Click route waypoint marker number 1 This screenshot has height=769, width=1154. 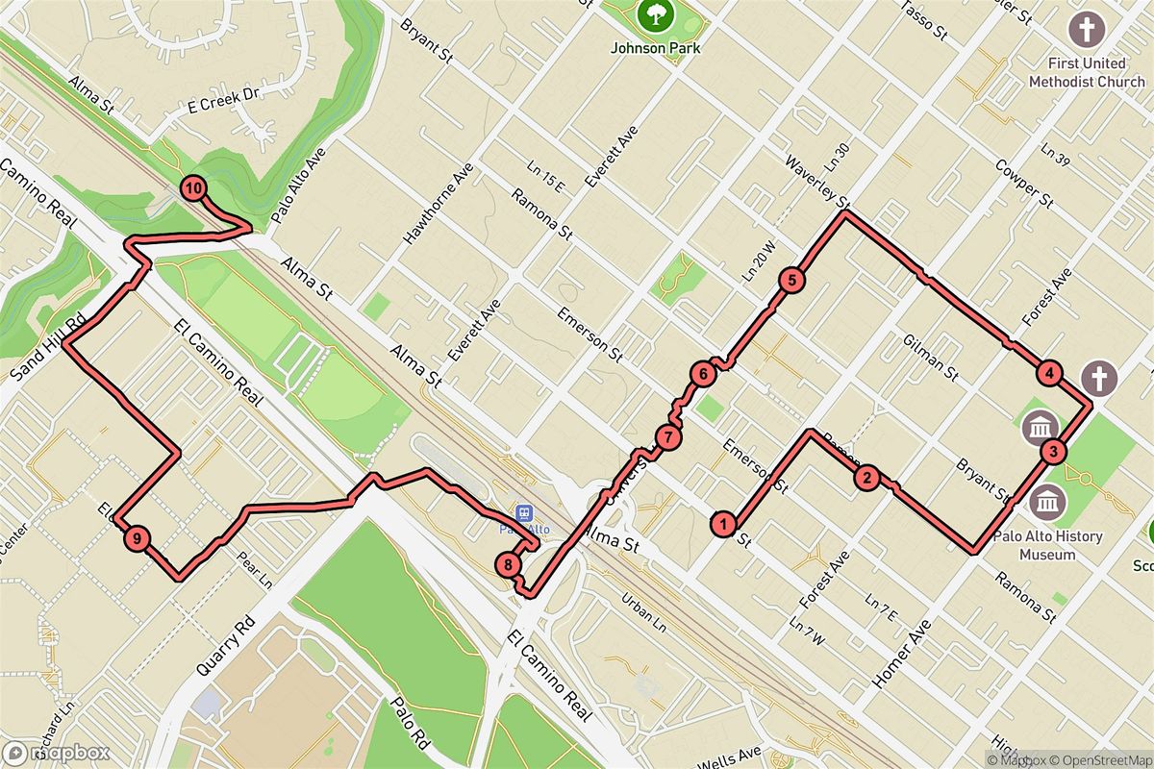(722, 524)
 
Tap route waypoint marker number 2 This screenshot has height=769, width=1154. (866, 478)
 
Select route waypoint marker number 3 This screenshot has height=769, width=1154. (1054, 451)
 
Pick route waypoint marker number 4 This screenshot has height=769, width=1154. (1049, 374)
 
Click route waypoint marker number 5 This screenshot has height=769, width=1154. (790, 281)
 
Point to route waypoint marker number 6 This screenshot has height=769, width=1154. (703, 374)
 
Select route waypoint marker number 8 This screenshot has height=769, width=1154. (509, 564)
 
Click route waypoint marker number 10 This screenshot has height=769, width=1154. (194, 188)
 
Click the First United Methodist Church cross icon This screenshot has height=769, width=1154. (1087, 30)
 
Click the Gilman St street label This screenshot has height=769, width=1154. (931, 357)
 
